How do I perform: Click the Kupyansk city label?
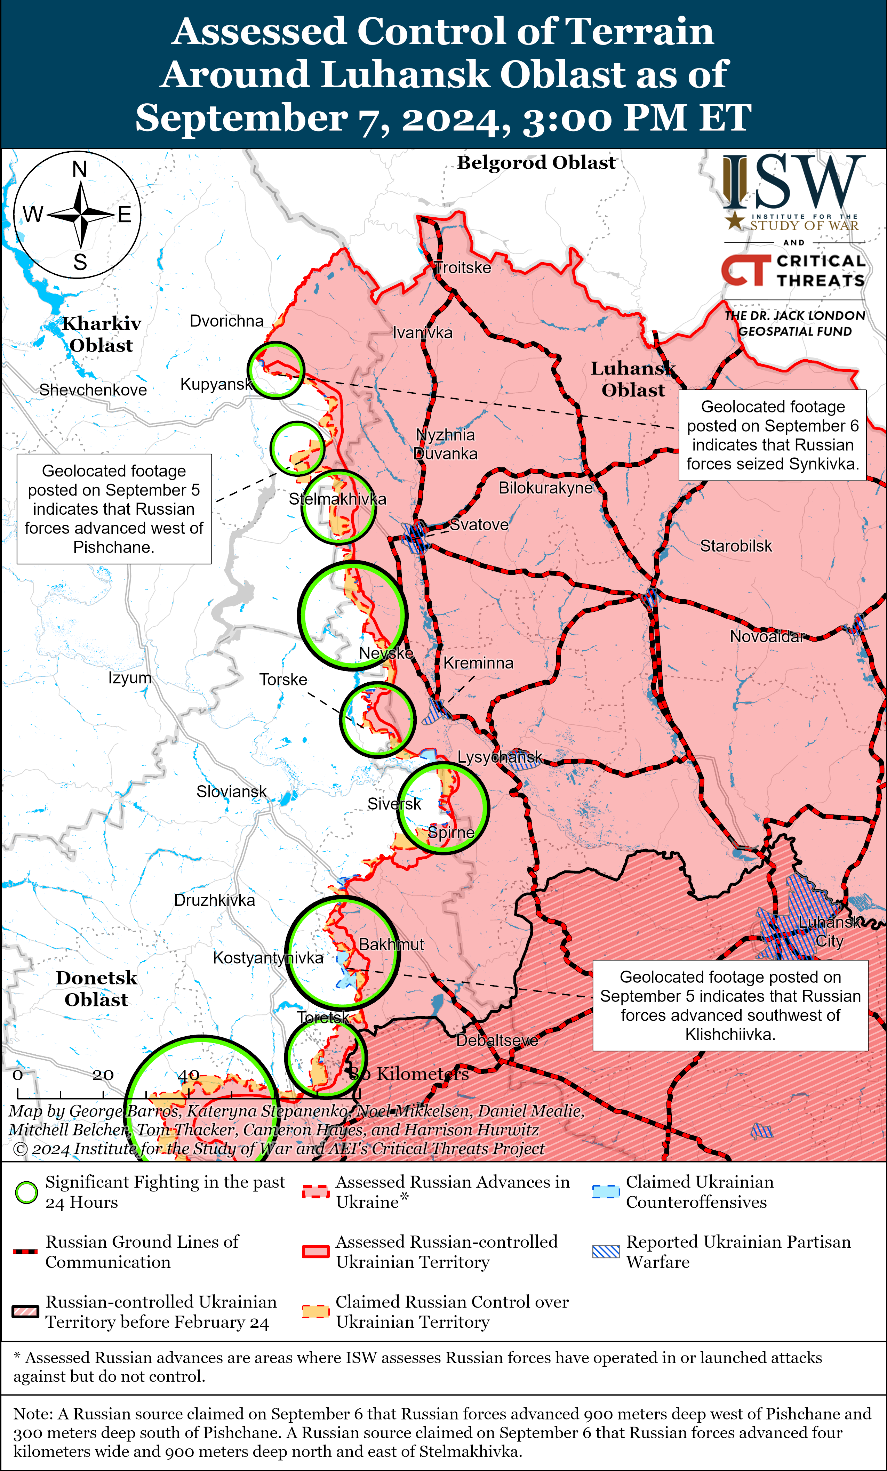[216, 384]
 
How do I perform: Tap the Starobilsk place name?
[736, 546]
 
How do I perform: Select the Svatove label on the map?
[479, 525]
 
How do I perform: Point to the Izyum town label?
[130, 678]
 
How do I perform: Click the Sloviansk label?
[232, 791]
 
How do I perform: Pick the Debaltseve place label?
[497, 1040]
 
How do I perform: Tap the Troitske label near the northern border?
[463, 267]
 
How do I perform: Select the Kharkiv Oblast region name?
[102, 334]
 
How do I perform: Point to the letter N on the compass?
[79, 170]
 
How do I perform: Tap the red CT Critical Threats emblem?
[745, 271]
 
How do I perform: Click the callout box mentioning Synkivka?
[772, 435]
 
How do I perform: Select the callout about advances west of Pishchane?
[114, 509]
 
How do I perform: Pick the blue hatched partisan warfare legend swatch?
[606, 1252]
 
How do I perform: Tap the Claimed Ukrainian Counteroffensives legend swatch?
[606, 1192]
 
